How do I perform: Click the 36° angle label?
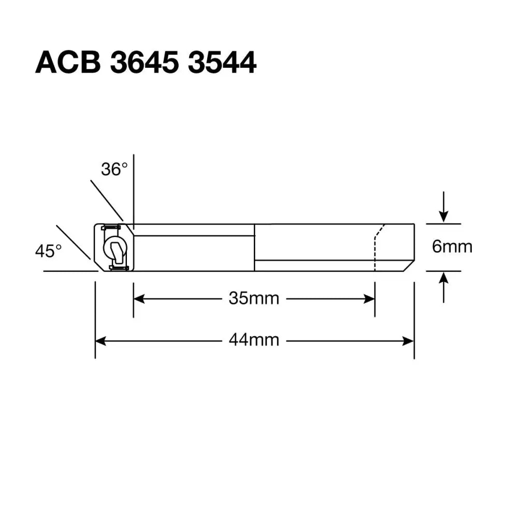(x=114, y=169)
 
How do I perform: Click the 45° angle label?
(x=48, y=251)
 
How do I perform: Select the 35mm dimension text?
(x=254, y=298)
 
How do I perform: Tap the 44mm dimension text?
(x=254, y=340)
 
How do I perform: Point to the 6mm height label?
(x=452, y=247)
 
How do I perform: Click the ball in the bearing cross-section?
(x=112, y=247)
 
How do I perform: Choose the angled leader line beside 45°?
(x=73, y=242)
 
